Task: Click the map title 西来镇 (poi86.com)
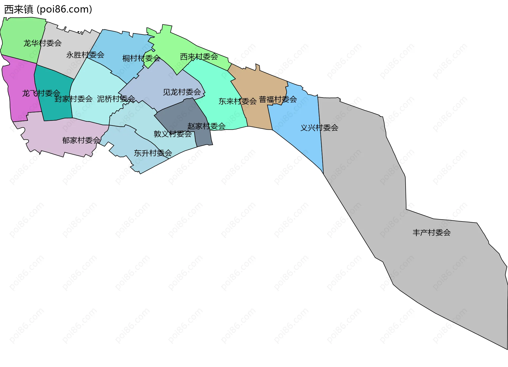point(48,10)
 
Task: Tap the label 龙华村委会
point(42,43)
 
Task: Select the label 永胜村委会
point(85,55)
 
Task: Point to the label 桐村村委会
point(141,58)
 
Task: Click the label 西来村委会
point(199,57)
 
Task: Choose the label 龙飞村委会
point(41,93)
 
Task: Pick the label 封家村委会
point(73,99)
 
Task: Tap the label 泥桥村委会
point(116,99)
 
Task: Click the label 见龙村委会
point(182,92)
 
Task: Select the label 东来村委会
point(238,101)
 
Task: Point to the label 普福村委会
point(278,99)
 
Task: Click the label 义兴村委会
point(319,128)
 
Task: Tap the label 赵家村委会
point(206,126)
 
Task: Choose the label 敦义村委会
point(173,134)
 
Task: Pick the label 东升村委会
point(153,153)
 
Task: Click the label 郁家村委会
point(81,140)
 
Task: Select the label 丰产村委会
point(432,233)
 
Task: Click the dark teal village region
point(53,108)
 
